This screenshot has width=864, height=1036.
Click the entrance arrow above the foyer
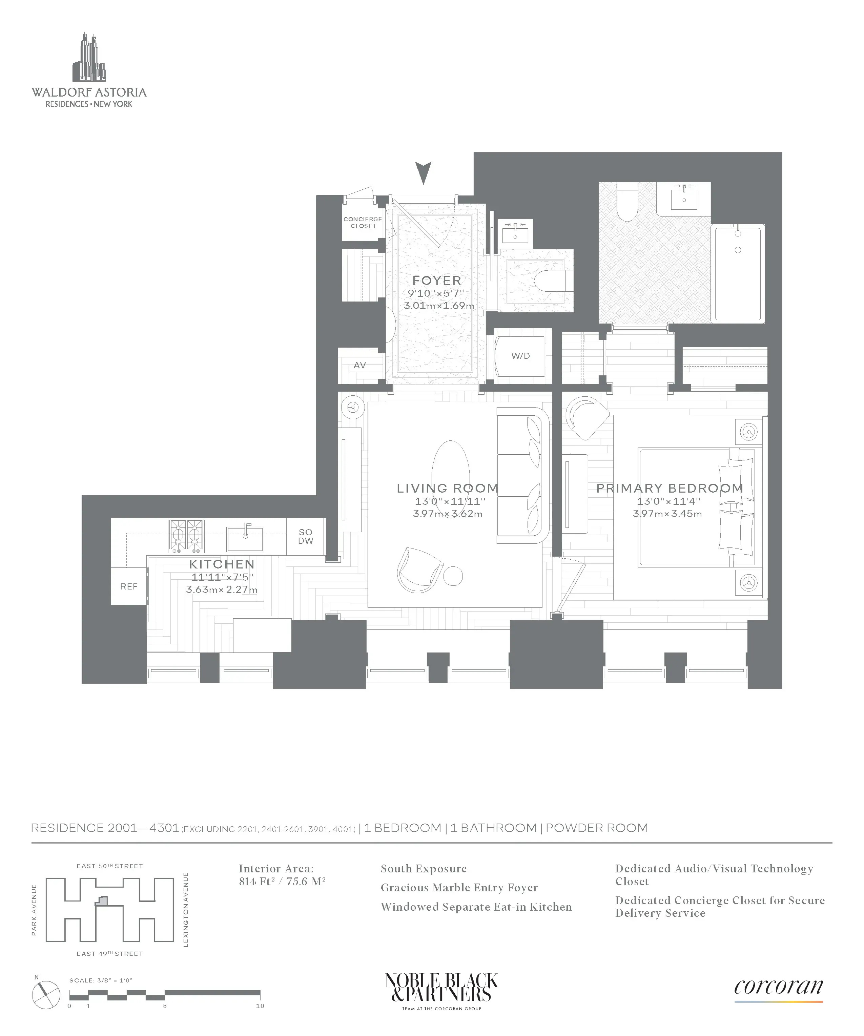[424, 173]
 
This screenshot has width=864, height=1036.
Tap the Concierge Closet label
[363, 223]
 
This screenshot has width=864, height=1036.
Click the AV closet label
[360, 366]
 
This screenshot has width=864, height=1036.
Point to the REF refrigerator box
[129, 586]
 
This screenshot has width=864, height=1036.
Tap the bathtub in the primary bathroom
[738, 273]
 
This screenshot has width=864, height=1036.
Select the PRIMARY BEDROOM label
[670, 489]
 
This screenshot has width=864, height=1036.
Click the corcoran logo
[778, 987]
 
